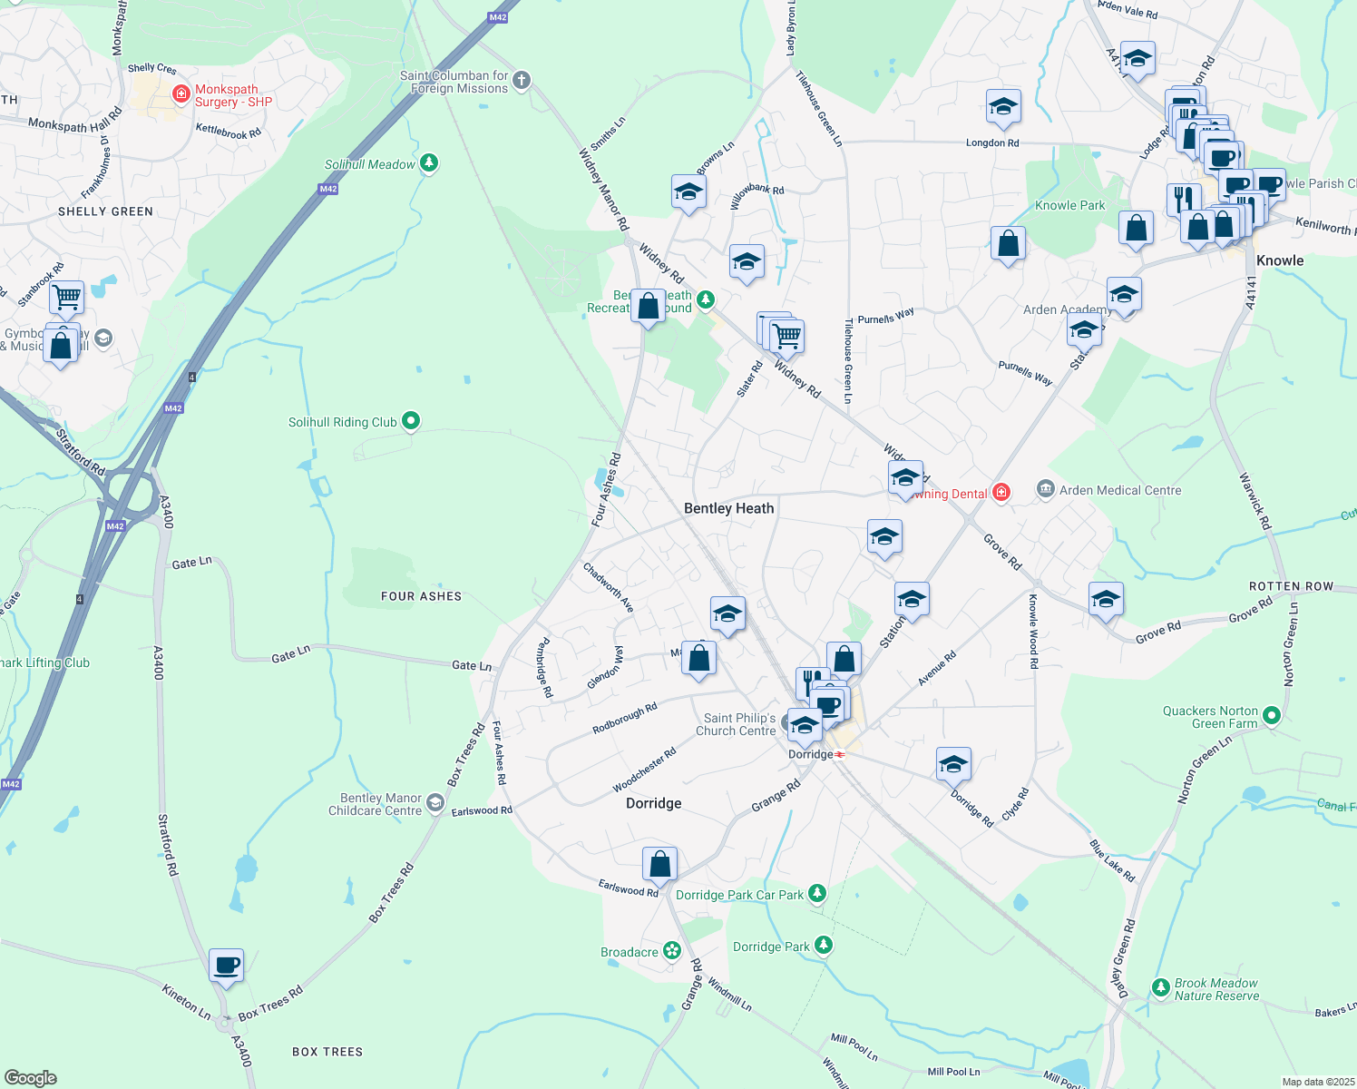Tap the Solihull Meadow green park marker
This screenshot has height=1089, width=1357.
coord(429,163)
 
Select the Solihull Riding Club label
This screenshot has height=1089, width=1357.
coord(342,422)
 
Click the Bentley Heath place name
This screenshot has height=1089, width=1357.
coord(728,508)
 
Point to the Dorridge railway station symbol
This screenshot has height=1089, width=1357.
coord(841,754)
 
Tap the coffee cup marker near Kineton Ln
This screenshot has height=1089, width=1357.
coord(226,966)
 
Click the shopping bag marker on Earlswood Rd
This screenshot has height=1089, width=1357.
coord(659,863)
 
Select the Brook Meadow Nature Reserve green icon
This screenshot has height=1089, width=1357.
coord(1160,987)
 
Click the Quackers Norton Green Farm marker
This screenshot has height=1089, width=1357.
coord(1271,717)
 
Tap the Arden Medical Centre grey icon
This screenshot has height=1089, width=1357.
coord(1045,490)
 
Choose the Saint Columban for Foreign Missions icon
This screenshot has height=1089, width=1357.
coord(521,81)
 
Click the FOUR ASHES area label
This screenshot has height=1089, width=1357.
coord(421,596)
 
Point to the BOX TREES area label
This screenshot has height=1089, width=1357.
coord(327,1052)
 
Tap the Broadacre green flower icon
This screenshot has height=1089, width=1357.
coord(672,951)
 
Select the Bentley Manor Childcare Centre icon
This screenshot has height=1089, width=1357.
coord(435,803)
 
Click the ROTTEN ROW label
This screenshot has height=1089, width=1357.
coord(1291,586)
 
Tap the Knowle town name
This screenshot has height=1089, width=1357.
coord(1279,260)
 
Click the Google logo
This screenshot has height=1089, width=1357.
coord(30,1077)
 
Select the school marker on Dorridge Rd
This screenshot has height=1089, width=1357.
coord(952,764)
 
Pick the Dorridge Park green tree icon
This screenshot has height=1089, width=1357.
coord(823,946)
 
